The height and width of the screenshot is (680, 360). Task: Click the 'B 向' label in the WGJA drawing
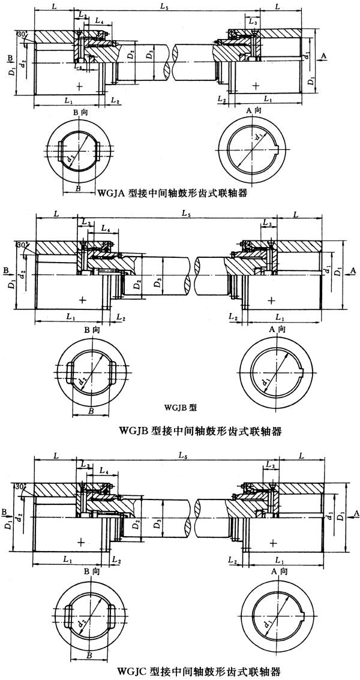point(80,112)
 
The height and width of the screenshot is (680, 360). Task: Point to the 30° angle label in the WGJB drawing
point(22,245)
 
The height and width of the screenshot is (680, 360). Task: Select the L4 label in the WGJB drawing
point(105,228)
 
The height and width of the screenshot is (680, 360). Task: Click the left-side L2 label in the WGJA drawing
point(115,101)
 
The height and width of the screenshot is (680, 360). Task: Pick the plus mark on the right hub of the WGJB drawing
point(273,299)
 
